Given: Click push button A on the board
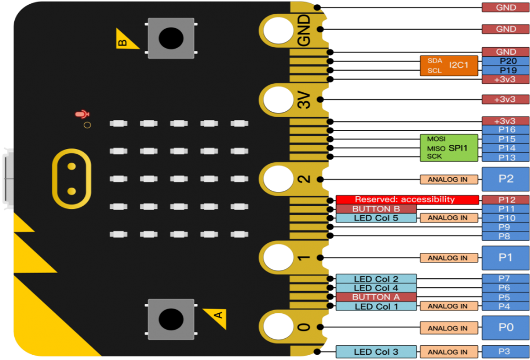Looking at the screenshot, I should (171, 319).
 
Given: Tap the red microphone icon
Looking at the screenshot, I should (82, 114).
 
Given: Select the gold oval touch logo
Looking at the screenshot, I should (71, 179).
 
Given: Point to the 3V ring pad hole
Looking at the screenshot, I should (276, 100).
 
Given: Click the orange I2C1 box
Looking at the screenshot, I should (449, 65).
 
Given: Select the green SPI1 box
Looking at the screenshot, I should (449, 147).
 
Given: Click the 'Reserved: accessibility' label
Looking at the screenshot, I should (405, 200).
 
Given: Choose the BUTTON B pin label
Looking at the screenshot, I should (376, 209).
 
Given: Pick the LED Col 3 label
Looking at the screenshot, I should (376, 352).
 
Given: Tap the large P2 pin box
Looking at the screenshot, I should (506, 179).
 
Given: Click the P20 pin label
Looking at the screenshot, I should (506, 61).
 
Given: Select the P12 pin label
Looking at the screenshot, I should (506, 200).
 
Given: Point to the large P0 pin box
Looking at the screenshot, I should (506, 328).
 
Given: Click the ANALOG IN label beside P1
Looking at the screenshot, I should (448, 258).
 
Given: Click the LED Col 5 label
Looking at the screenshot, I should (376, 218).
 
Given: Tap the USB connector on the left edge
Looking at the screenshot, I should (6, 177).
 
